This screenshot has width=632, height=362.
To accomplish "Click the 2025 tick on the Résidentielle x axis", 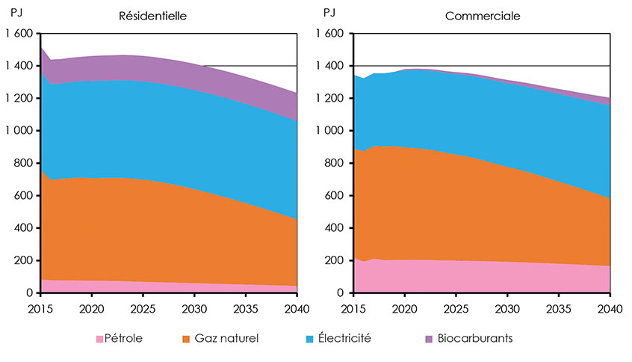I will (x=143, y=308).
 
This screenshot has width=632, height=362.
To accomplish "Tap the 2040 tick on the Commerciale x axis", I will (x=609, y=308).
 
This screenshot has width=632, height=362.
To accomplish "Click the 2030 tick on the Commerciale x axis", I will (x=507, y=308).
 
